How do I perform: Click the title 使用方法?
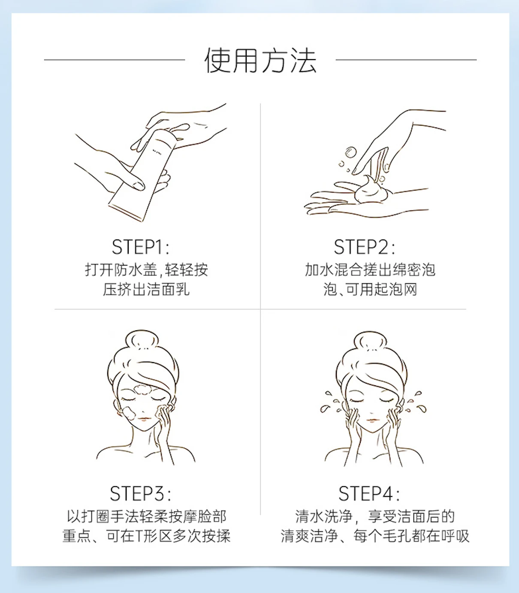pos(260,60)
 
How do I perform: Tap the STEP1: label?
pos(141,247)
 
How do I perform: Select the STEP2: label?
pos(364,247)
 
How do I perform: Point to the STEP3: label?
pos(140,494)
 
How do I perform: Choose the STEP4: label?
pos(369,494)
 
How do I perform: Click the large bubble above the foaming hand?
pos(350,153)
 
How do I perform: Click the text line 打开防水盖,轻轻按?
pos(147,270)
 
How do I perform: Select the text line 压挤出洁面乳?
pos(146,290)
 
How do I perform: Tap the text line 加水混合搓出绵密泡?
pos(370,270)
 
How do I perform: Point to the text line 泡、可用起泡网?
pos(370,290)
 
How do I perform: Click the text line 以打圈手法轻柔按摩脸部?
pos(147,517)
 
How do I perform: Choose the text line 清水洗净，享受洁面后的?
pos(375,517)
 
